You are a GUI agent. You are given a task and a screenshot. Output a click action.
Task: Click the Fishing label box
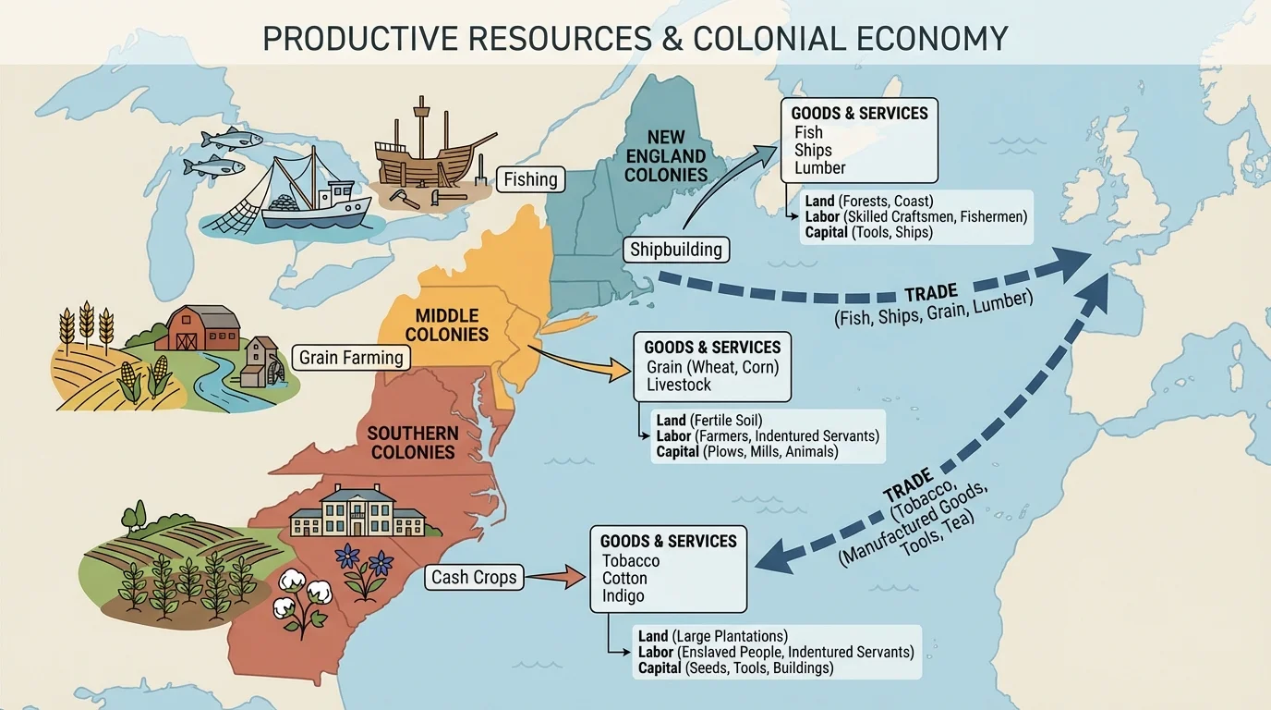pos(530,179)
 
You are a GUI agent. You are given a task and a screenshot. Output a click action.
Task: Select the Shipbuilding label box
pos(676,249)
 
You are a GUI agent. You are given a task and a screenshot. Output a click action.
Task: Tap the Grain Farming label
pos(351,357)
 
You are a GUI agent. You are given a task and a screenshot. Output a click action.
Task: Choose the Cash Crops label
pos(474,578)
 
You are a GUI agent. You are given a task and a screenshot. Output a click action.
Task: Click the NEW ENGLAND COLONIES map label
pos(665,155)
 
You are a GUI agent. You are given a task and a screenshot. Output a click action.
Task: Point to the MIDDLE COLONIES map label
pos(447,324)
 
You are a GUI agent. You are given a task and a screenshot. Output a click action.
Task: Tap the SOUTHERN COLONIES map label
pos(413,442)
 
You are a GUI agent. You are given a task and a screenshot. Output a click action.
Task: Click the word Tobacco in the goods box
pos(631,561)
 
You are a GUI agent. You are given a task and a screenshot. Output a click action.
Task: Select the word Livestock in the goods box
pos(679,385)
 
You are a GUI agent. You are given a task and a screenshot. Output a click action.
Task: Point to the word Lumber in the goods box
pos(819,168)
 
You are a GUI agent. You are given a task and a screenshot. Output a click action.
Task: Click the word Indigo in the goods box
pos(623,596)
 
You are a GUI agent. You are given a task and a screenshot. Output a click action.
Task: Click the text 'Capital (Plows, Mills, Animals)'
pos(746,452)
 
